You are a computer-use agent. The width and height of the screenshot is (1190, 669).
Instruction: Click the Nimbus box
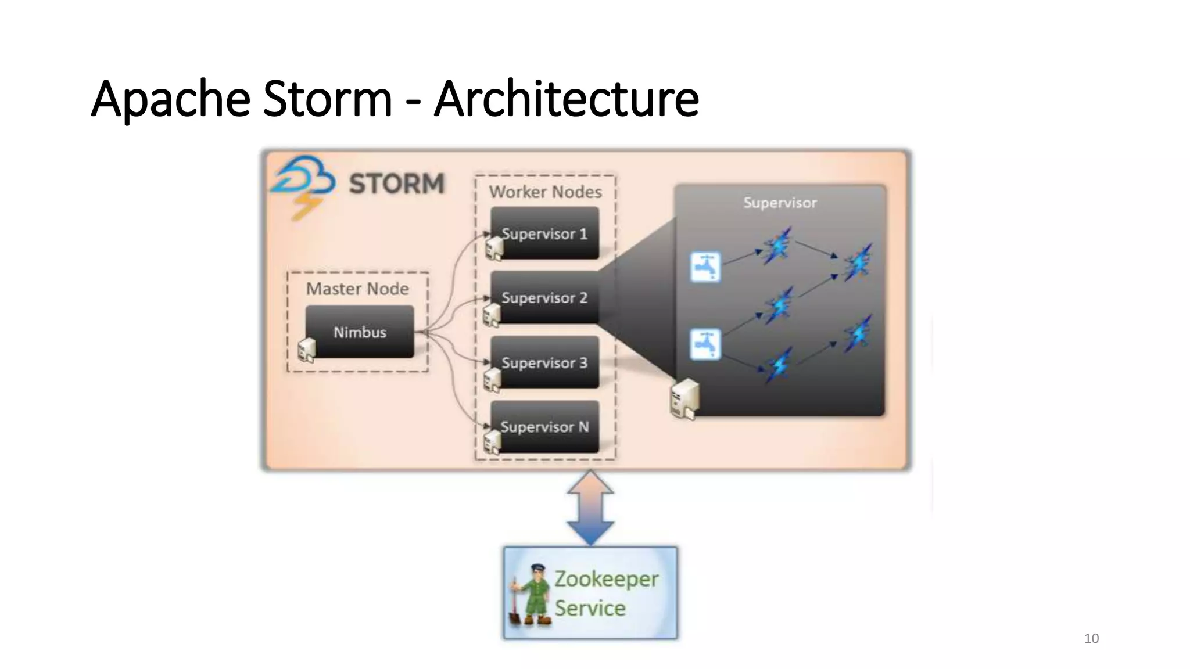tap(360, 332)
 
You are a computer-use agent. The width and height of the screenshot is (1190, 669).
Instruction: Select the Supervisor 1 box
tap(544, 233)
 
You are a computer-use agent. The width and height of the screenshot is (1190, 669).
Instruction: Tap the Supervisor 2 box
tap(544, 297)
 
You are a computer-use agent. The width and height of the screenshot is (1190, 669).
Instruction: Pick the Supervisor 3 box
tap(544, 362)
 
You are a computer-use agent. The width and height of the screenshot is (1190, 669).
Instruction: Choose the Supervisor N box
tap(544, 427)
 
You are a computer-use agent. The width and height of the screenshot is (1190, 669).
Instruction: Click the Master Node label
tap(357, 289)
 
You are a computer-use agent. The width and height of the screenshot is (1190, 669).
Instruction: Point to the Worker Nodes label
tap(545, 192)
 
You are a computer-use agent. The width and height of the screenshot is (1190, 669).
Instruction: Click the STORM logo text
tap(396, 184)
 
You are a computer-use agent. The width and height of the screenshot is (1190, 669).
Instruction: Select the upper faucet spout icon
tap(705, 267)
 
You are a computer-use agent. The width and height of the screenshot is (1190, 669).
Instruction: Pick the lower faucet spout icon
tap(705, 344)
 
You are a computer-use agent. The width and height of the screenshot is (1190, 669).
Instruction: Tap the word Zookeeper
tap(606, 579)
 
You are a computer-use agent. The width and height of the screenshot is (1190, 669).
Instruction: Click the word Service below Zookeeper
tap(590, 608)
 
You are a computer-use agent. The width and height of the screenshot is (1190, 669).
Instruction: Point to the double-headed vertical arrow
tap(590, 508)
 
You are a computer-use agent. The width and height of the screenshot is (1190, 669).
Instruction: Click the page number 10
tap(1091, 638)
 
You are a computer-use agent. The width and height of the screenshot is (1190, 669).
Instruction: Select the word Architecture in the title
tap(567, 99)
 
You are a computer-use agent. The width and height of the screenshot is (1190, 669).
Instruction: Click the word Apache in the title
tap(171, 99)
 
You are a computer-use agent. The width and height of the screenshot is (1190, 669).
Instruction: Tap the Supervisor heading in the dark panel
tap(780, 203)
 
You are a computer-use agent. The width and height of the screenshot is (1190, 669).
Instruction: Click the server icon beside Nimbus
tap(306, 350)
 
